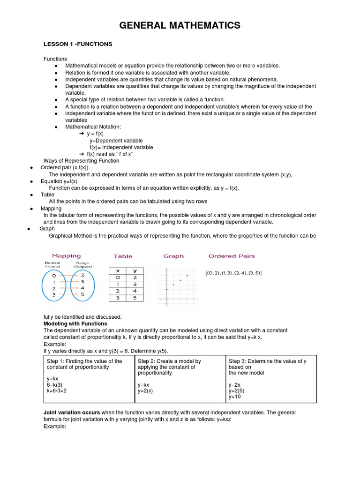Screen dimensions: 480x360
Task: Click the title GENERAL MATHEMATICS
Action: tap(180, 25)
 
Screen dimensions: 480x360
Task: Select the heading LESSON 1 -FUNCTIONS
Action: tap(78, 44)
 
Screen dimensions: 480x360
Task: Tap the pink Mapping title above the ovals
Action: tap(66, 256)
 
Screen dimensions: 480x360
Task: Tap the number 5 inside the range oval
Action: tap(82, 295)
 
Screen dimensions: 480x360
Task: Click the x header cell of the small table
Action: tap(118, 271)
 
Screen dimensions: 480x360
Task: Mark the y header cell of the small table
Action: tap(135, 271)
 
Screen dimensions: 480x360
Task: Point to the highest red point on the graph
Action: tap(187, 276)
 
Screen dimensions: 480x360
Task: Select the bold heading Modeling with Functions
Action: tap(75, 324)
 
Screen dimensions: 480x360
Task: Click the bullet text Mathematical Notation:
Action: tap(93, 127)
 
